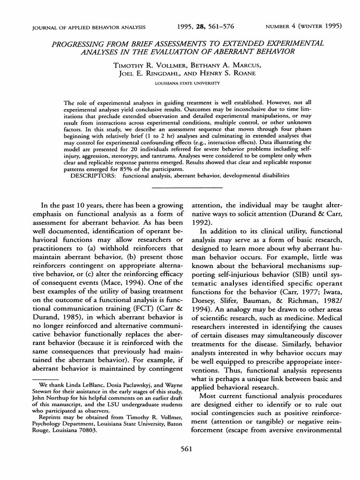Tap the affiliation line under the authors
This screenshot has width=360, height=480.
click(180, 83)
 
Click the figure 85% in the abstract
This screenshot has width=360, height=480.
click(141, 169)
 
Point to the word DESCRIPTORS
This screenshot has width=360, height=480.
click(94, 175)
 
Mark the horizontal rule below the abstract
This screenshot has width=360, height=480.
click(180, 187)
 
